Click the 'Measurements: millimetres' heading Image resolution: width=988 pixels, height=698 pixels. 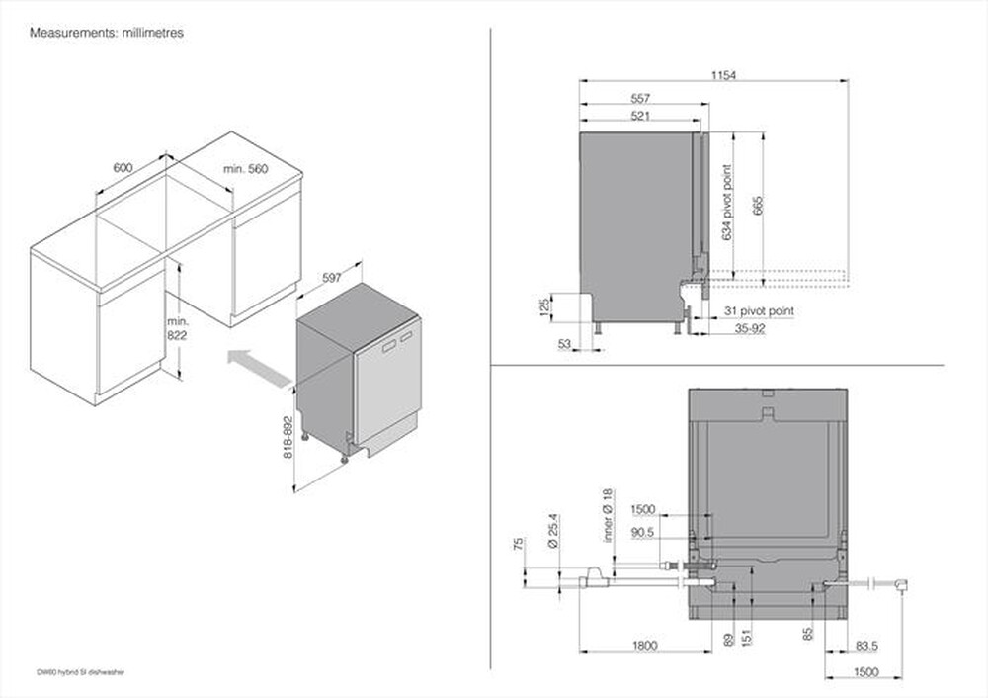107,33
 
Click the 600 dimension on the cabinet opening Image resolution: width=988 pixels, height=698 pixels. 123,168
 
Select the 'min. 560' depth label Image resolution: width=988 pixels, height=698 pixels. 245,169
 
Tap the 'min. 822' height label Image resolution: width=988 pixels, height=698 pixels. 177,329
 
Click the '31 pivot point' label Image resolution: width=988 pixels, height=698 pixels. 757,311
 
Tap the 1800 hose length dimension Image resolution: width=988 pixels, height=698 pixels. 644,646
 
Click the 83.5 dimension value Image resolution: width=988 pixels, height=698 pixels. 865,646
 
